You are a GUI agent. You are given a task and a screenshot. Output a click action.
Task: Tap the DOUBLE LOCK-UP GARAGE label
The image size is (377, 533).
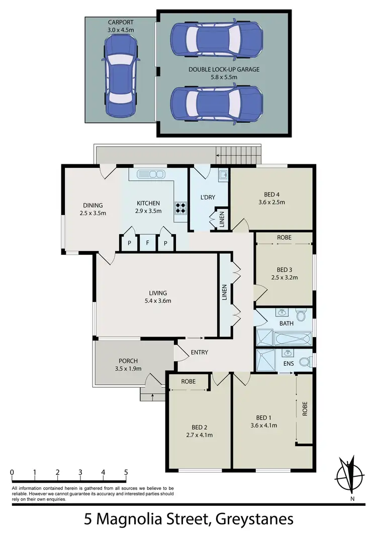pyautogui.click(x=224, y=69)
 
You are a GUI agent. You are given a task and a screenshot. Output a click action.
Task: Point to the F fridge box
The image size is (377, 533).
pyautogui.click(x=147, y=243)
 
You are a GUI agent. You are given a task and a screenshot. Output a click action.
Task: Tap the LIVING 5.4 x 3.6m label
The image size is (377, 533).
pyautogui.click(x=157, y=297)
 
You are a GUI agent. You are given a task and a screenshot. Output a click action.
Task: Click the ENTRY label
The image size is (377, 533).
pyautogui.click(x=199, y=352)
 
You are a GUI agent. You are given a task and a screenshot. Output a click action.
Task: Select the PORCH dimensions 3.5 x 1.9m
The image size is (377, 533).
pyautogui.click(x=129, y=369)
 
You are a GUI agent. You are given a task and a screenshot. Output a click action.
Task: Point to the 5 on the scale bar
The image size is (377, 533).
pyautogui.click(x=126, y=472)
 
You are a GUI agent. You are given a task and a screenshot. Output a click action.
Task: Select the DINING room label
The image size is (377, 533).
pyautogui.click(x=93, y=205)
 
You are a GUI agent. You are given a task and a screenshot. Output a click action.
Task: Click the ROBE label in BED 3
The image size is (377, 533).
pyautogui.click(x=284, y=237)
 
